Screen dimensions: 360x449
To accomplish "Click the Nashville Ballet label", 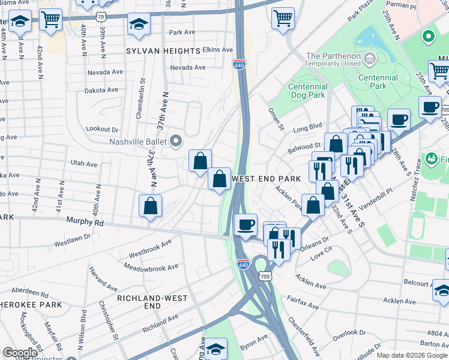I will [137, 142].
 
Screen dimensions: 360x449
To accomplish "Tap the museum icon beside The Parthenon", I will [369, 58].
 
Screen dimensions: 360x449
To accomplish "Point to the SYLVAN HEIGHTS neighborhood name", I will [163, 51].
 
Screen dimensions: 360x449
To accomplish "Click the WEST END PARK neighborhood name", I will [265, 179].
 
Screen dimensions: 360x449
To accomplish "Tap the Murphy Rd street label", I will [85, 221].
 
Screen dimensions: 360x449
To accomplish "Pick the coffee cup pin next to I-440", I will [245, 225].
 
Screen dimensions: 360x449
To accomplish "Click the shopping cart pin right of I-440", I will [283, 18].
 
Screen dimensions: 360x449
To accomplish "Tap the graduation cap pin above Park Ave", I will [139, 24].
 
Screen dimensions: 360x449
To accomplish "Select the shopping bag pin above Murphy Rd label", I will [150, 206].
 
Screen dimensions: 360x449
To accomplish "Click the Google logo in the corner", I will [20, 352].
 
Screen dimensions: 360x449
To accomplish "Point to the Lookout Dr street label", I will [102, 129].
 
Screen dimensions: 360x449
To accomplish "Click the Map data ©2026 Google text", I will [411, 355].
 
